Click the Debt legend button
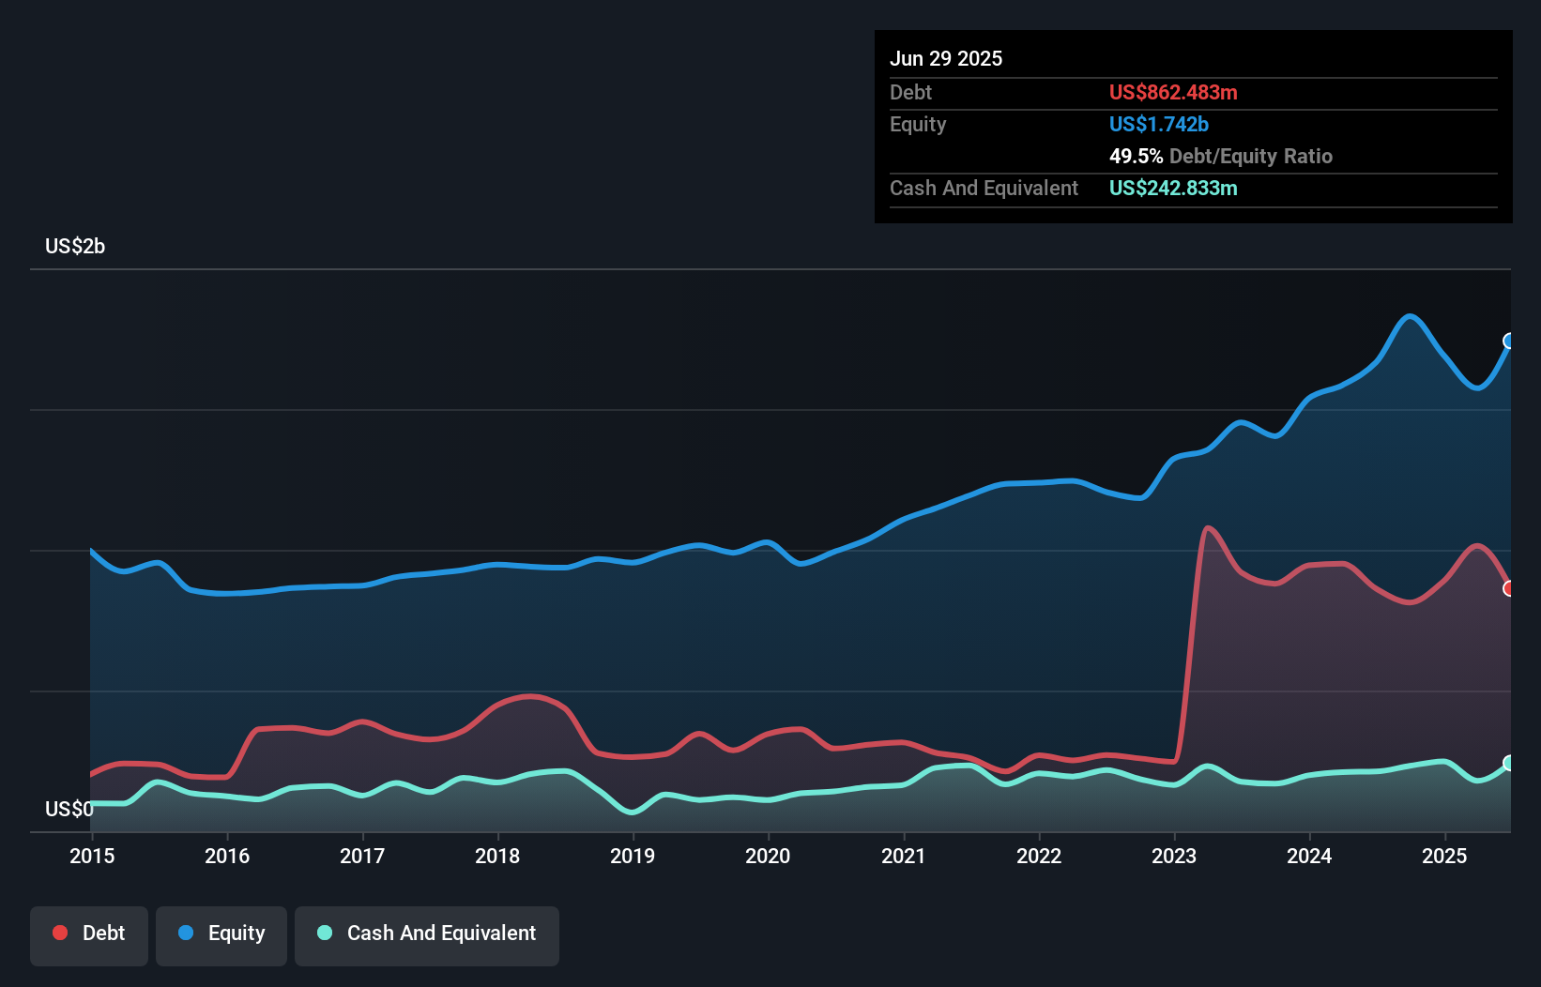point(89,934)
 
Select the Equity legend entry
point(221,934)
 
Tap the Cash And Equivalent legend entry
point(427,934)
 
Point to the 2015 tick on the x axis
point(92,856)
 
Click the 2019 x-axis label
point(633,856)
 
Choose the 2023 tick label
point(1174,856)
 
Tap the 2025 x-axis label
point(1444,856)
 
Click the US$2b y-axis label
point(75,247)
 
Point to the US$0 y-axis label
point(69,809)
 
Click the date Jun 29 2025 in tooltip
point(946,58)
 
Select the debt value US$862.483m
point(1173,92)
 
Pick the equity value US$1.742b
point(1158,124)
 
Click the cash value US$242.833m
point(1173,188)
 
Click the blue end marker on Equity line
point(1509,341)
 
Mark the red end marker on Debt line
point(1509,588)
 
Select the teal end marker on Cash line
point(1509,763)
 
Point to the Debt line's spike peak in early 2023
point(1207,528)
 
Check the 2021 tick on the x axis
point(904,856)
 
